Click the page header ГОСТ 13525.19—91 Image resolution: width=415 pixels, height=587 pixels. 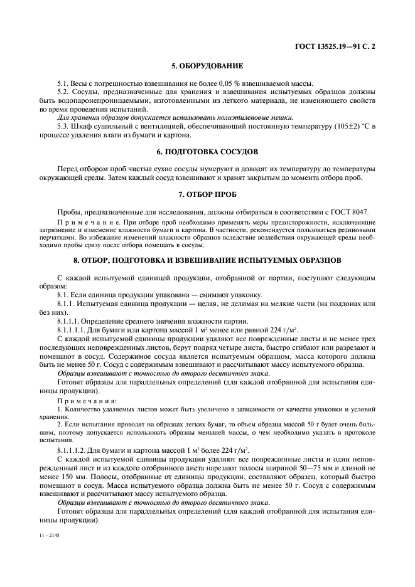tap(340, 46)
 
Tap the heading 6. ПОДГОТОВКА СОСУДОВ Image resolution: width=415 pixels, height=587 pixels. tap(207, 152)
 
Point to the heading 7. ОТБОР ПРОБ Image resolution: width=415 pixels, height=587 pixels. tap(207, 196)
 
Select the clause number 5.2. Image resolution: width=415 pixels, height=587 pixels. tap(64, 93)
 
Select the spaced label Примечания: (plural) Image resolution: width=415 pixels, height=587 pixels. tap(83, 399)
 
